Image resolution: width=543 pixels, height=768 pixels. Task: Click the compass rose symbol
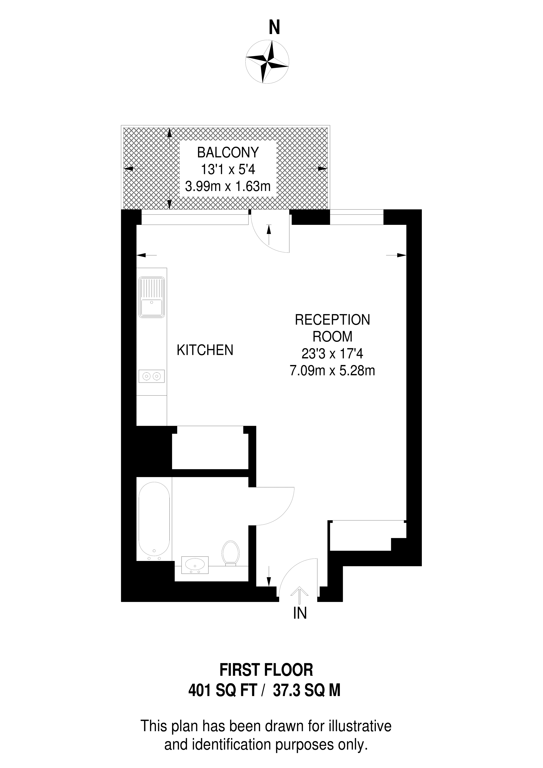pyautogui.click(x=267, y=62)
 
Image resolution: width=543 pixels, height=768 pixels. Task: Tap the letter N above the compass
pyautogui.click(x=274, y=28)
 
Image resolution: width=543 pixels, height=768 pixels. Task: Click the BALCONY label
pyautogui.click(x=228, y=153)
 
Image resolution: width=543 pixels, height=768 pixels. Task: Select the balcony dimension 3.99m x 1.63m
pyautogui.click(x=228, y=186)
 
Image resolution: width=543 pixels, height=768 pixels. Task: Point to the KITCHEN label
pyautogui.click(x=205, y=350)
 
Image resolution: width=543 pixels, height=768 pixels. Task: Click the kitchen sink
pyautogui.click(x=152, y=297)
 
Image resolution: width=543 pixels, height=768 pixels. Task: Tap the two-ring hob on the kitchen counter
pyautogui.click(x=152, y=376)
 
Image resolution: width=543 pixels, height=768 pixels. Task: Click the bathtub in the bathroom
pyautogui.click(x=154, y=519)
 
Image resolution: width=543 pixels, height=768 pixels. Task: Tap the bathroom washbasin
pyautogui.click(x=195, y=565)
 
